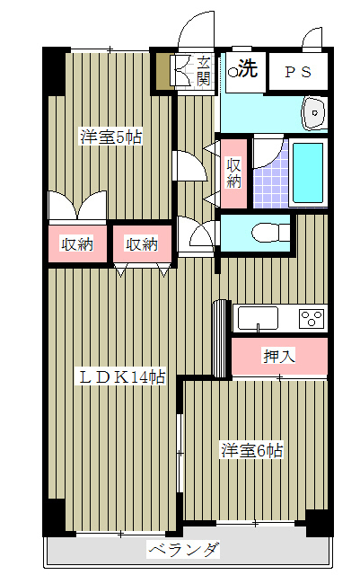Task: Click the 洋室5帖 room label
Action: (x=110, y=137)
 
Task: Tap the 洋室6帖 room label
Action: (x=252, y=450)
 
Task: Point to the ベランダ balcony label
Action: (x=184, y=549)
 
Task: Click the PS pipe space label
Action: (x=298, y=72)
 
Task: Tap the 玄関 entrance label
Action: (x=204, y=71)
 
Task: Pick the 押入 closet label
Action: (x=279, y=356)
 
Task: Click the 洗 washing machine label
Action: (x=248, y=68)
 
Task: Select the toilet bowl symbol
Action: (x=270, y=234)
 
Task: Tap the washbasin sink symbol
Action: (x=314, y=113)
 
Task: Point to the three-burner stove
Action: (x=312, y=318)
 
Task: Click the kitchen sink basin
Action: (x=258, y=318)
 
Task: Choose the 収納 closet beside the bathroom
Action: (x=233, y=172)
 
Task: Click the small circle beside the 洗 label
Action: (x=233, y=72)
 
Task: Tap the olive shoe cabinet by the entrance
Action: (x=162, y=72)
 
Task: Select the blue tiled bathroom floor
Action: (x=270, y=183)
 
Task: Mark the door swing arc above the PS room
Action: (x=312, y=37)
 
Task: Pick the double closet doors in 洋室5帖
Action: (x=78, y=208)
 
